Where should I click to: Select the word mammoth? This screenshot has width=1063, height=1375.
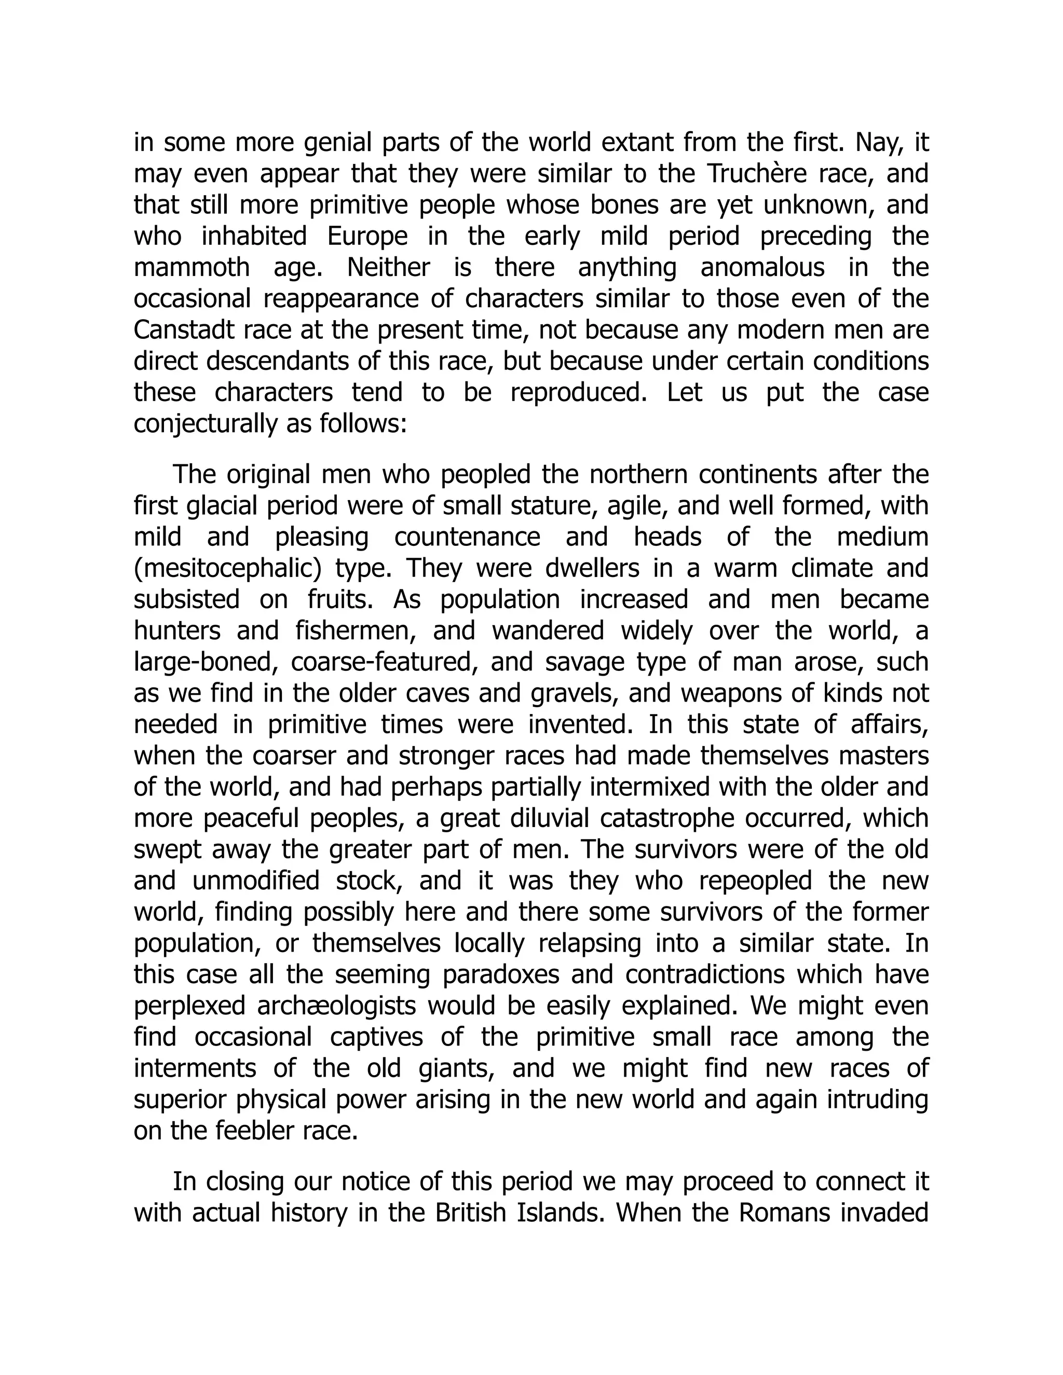click(192, 268)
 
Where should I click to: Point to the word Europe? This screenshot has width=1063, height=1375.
click(367, 237)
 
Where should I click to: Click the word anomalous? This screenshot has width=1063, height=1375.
click(762, 268)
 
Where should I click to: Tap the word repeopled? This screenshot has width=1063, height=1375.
click(755, 880)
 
